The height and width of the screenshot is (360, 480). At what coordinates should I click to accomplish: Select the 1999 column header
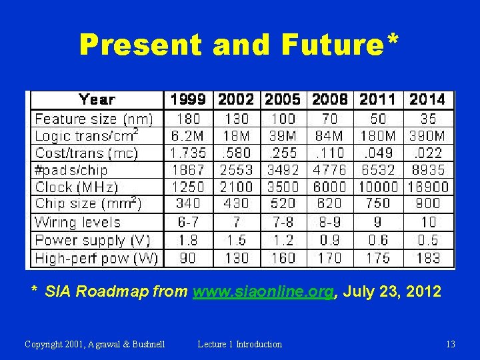[188, 100]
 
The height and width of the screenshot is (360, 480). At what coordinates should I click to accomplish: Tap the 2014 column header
[427, 100]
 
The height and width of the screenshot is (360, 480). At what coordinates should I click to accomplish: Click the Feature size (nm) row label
[93, 119]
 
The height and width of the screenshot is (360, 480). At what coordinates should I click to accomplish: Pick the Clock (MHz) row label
[77, 187]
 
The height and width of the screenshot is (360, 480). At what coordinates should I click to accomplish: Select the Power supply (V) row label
[91, 240]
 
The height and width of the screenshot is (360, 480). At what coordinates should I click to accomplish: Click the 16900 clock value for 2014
[427, 187]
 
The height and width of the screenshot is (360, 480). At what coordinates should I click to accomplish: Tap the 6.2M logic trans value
[188, 136]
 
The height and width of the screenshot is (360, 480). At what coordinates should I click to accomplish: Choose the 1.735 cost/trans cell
[188, 153]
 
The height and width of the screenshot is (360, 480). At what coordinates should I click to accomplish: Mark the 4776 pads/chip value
[330, 170]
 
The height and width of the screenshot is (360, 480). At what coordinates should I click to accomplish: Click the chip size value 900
[427, 203]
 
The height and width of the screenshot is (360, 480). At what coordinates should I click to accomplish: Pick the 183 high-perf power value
[427, 257]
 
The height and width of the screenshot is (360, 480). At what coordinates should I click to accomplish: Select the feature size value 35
[427, 119]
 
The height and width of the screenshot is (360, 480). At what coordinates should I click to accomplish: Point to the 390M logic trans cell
[427, 136]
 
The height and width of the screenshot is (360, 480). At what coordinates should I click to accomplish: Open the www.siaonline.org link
[263, 291]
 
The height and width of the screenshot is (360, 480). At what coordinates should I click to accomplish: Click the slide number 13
[451, 344]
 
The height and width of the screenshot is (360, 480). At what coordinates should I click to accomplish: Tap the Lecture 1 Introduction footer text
[240, 344]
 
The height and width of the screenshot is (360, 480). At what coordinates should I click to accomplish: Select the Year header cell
[97, 100]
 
